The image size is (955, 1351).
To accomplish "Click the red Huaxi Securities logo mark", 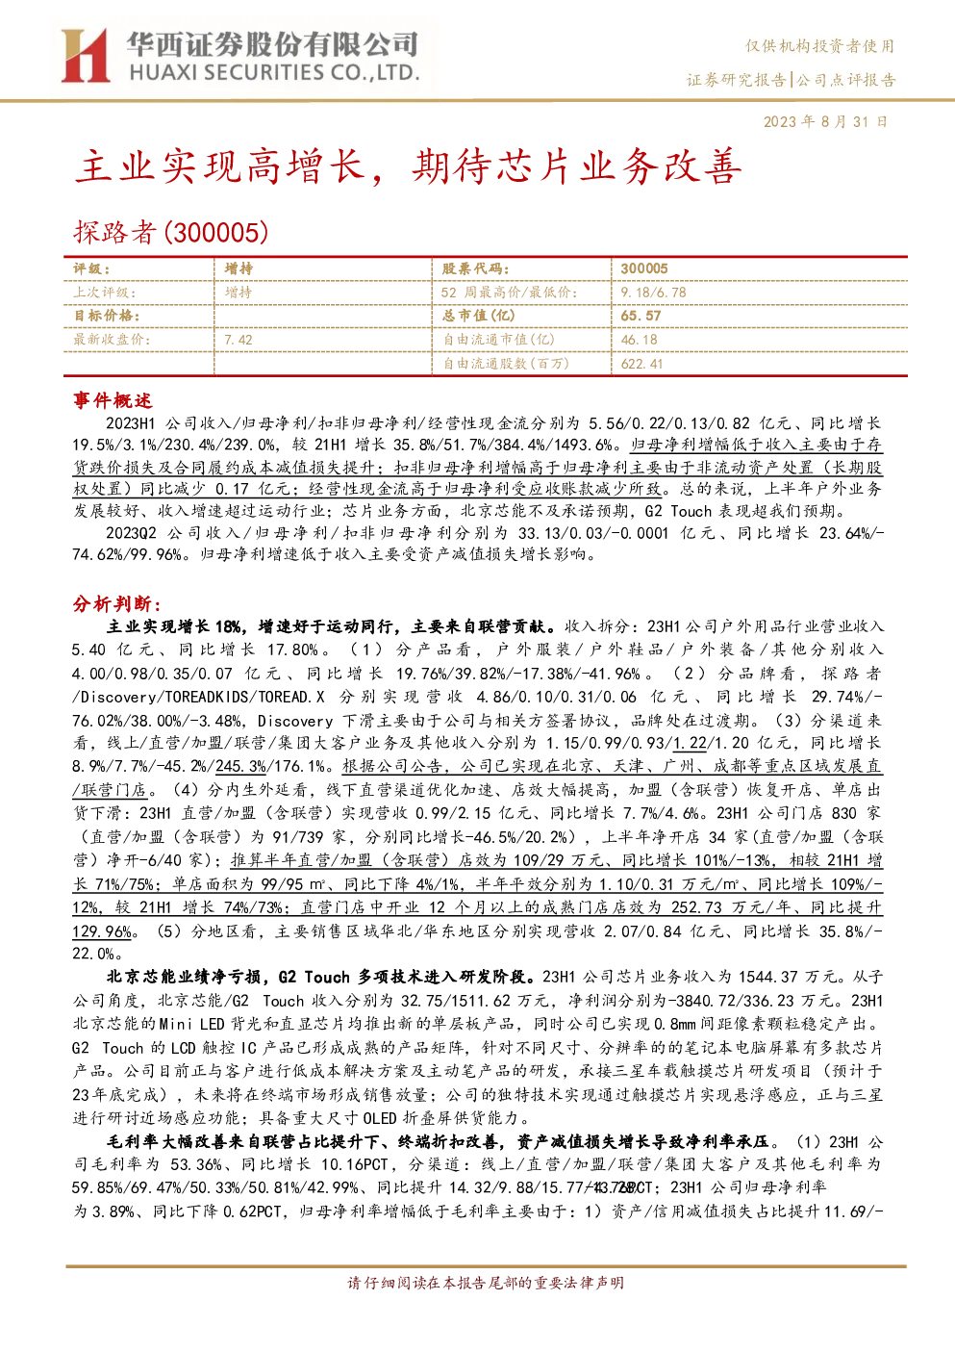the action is point(85,56).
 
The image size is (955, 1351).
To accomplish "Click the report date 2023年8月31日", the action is point(825,122).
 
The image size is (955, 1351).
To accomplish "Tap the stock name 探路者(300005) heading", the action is point(170,233).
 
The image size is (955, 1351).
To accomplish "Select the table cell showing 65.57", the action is point(641,316).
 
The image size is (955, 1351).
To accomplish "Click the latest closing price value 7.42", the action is point(239,340).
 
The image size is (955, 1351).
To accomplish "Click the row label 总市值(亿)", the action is point(479,316).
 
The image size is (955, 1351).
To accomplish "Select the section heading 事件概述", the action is point(113,400).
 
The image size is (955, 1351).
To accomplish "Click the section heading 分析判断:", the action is point(117,603).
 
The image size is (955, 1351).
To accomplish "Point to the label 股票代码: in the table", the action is point(476,269).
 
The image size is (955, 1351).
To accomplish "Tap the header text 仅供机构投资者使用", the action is point(820,46).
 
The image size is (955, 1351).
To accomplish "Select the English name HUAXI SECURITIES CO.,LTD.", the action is point(274,73).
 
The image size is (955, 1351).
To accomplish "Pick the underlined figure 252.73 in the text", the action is point(696,907).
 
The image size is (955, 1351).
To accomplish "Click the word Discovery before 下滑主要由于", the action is point(295,721).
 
